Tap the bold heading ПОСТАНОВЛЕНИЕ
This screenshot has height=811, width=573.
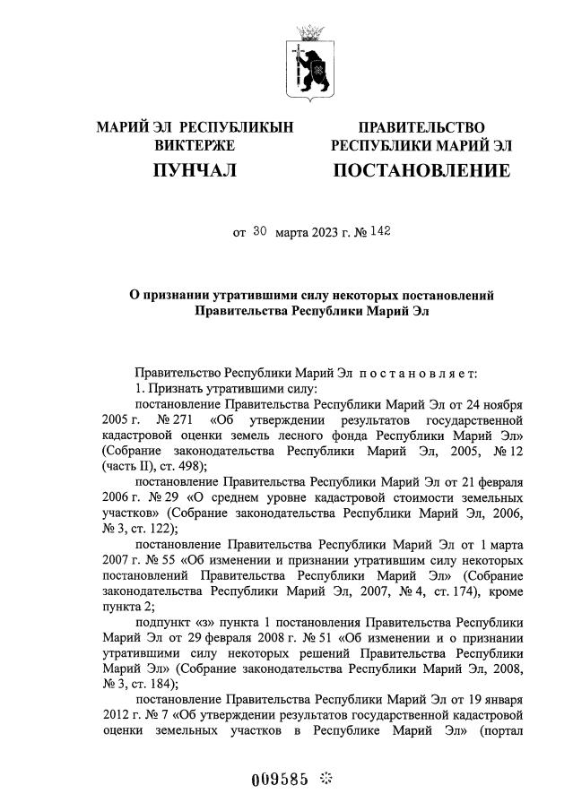(421, 170)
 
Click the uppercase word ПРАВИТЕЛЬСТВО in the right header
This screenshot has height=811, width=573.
(421, 128)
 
